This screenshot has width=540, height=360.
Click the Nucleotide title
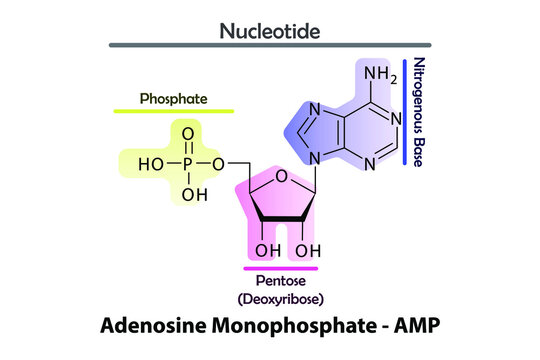click(270, 31)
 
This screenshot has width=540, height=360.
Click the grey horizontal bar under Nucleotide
click(270, 46)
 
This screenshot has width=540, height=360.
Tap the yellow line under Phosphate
click(175, 111)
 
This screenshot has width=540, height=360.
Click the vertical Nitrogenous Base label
click(419, 112)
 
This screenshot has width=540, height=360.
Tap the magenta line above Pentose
click(281, 269)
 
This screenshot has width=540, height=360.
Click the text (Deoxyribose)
click(281, 299)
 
